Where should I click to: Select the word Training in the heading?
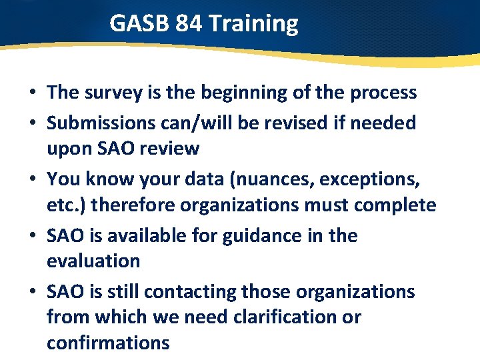[253, 24]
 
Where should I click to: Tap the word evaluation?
[93, 261]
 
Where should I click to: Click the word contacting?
[190, 292]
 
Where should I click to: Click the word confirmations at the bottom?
[108, 343]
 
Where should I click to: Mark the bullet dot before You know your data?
[32, 180]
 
